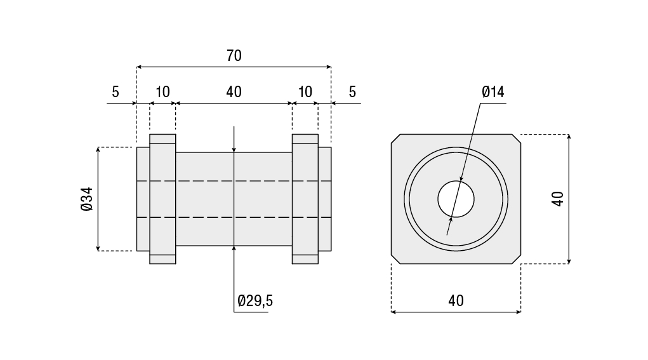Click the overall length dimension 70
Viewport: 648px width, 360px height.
click(x=234, y=55)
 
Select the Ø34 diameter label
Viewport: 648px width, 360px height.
click(x=87, y=199)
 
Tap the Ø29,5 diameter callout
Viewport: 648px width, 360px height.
click(x=255, y=300)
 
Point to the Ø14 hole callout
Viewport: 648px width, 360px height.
click(x=493, y=92)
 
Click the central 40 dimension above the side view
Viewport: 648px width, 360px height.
click(x=234, y=92)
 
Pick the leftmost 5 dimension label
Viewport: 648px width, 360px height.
click(x=116, y=92)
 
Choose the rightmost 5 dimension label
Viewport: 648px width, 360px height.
click(x=352, y=92)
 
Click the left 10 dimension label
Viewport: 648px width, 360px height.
click(x=162, y=92)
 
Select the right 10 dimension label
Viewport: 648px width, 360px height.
click(x=305, y=92)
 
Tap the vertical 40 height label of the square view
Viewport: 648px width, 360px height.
click(x=557, y=199)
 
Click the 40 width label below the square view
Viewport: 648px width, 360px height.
click(x=456, y=300)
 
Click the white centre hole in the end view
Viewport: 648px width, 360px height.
click(x=456, y=199)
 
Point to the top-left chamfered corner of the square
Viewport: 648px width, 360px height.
click(x=396, y=138)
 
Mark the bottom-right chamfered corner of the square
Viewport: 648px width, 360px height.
click(x=516, y=259)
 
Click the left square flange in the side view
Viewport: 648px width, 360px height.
click(x=162, y=199)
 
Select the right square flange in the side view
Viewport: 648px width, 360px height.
click(x=305, y=199)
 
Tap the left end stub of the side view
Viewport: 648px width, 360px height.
click(x=143, y=199)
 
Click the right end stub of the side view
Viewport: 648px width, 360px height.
click(x=325, y=199)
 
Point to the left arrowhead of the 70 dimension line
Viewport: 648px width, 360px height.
click(x=139, y=67)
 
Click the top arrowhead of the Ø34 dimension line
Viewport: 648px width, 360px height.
click(x=98, y=149)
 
